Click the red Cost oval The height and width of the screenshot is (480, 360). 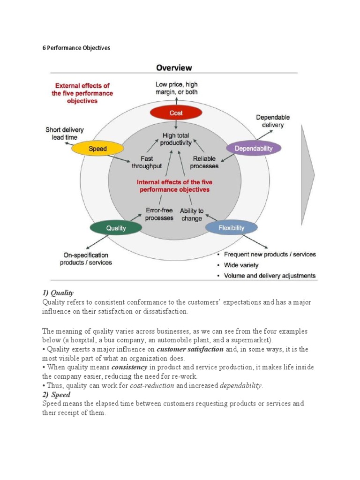click(x=176, y=113)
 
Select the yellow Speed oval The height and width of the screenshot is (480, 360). click(x=97, y=149)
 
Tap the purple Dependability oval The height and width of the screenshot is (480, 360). click(x=253, y=149)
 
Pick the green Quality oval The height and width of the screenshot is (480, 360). click(x=116, y=228)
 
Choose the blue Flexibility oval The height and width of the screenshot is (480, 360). click(x=231, y=228)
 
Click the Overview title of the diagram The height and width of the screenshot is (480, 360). click(x=173, y=67)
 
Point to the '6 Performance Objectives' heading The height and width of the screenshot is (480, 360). click(x=76, y=48)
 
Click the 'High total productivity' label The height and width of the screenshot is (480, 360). click(x=176, y=139)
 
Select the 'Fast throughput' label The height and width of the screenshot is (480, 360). click(x=147, y=162)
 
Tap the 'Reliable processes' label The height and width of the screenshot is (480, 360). click(x=205, y=162)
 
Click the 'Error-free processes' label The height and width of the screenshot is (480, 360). click(x=159, y=214)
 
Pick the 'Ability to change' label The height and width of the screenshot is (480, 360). click(x=192, y=215)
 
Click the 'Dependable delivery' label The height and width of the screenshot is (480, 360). click(x=273, y=121)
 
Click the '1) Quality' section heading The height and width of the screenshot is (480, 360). click(x=58, y=292)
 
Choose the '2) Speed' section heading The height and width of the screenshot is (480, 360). click(x=56, y=395)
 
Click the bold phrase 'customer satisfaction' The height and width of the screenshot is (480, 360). click(x=184, y=350)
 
